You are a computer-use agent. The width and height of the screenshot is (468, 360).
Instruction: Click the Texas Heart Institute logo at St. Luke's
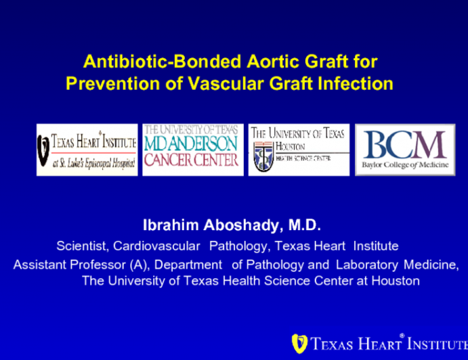87,150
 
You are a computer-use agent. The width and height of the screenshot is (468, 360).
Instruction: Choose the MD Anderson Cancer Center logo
192,150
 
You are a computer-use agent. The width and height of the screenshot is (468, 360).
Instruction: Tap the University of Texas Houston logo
299,150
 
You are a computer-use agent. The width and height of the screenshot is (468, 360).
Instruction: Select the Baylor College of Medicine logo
405,150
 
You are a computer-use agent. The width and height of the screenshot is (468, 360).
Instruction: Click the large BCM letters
405,143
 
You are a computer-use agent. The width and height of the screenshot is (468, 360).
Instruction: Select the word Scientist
82,246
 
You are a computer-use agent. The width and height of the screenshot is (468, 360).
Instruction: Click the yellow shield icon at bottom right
297,344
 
